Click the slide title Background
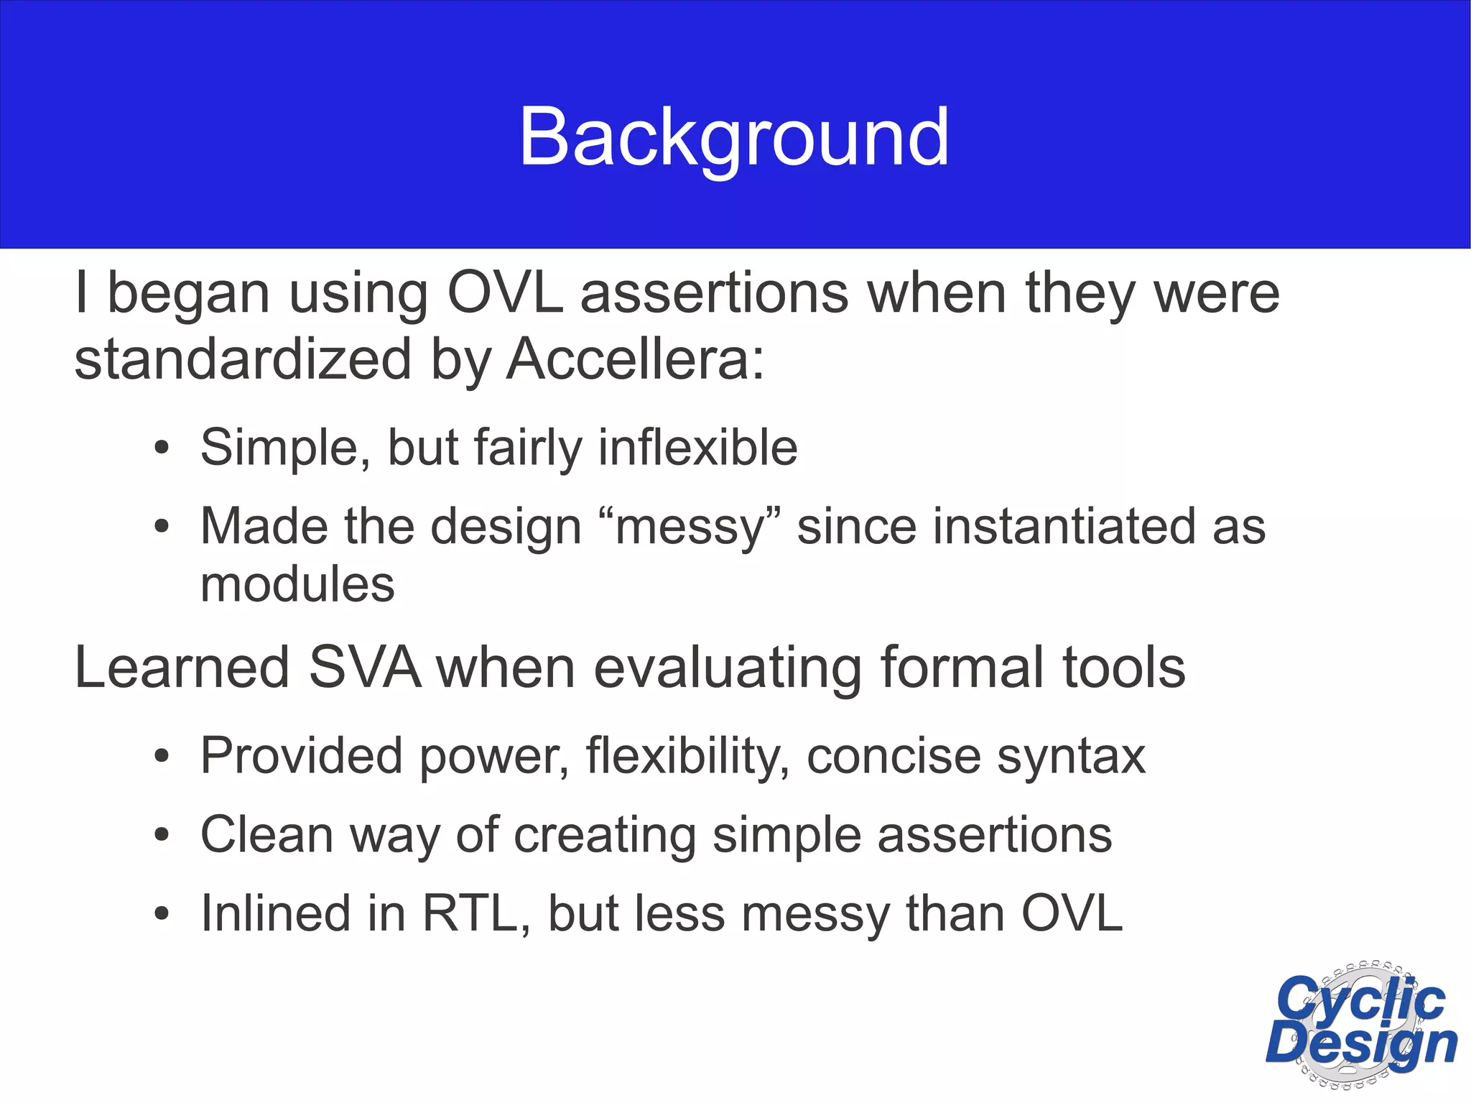(734, 137)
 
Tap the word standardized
(243, 359)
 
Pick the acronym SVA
(364, 668)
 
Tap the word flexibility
(687, 757)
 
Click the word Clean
(266, 835)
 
